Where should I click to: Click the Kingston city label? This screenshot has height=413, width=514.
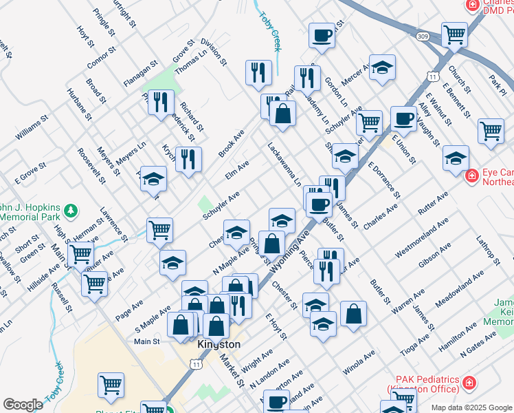click(x=219, y=344)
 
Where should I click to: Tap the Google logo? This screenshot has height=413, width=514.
click(x=23, y=405)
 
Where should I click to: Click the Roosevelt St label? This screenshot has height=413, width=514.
click(x=91, y=166)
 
